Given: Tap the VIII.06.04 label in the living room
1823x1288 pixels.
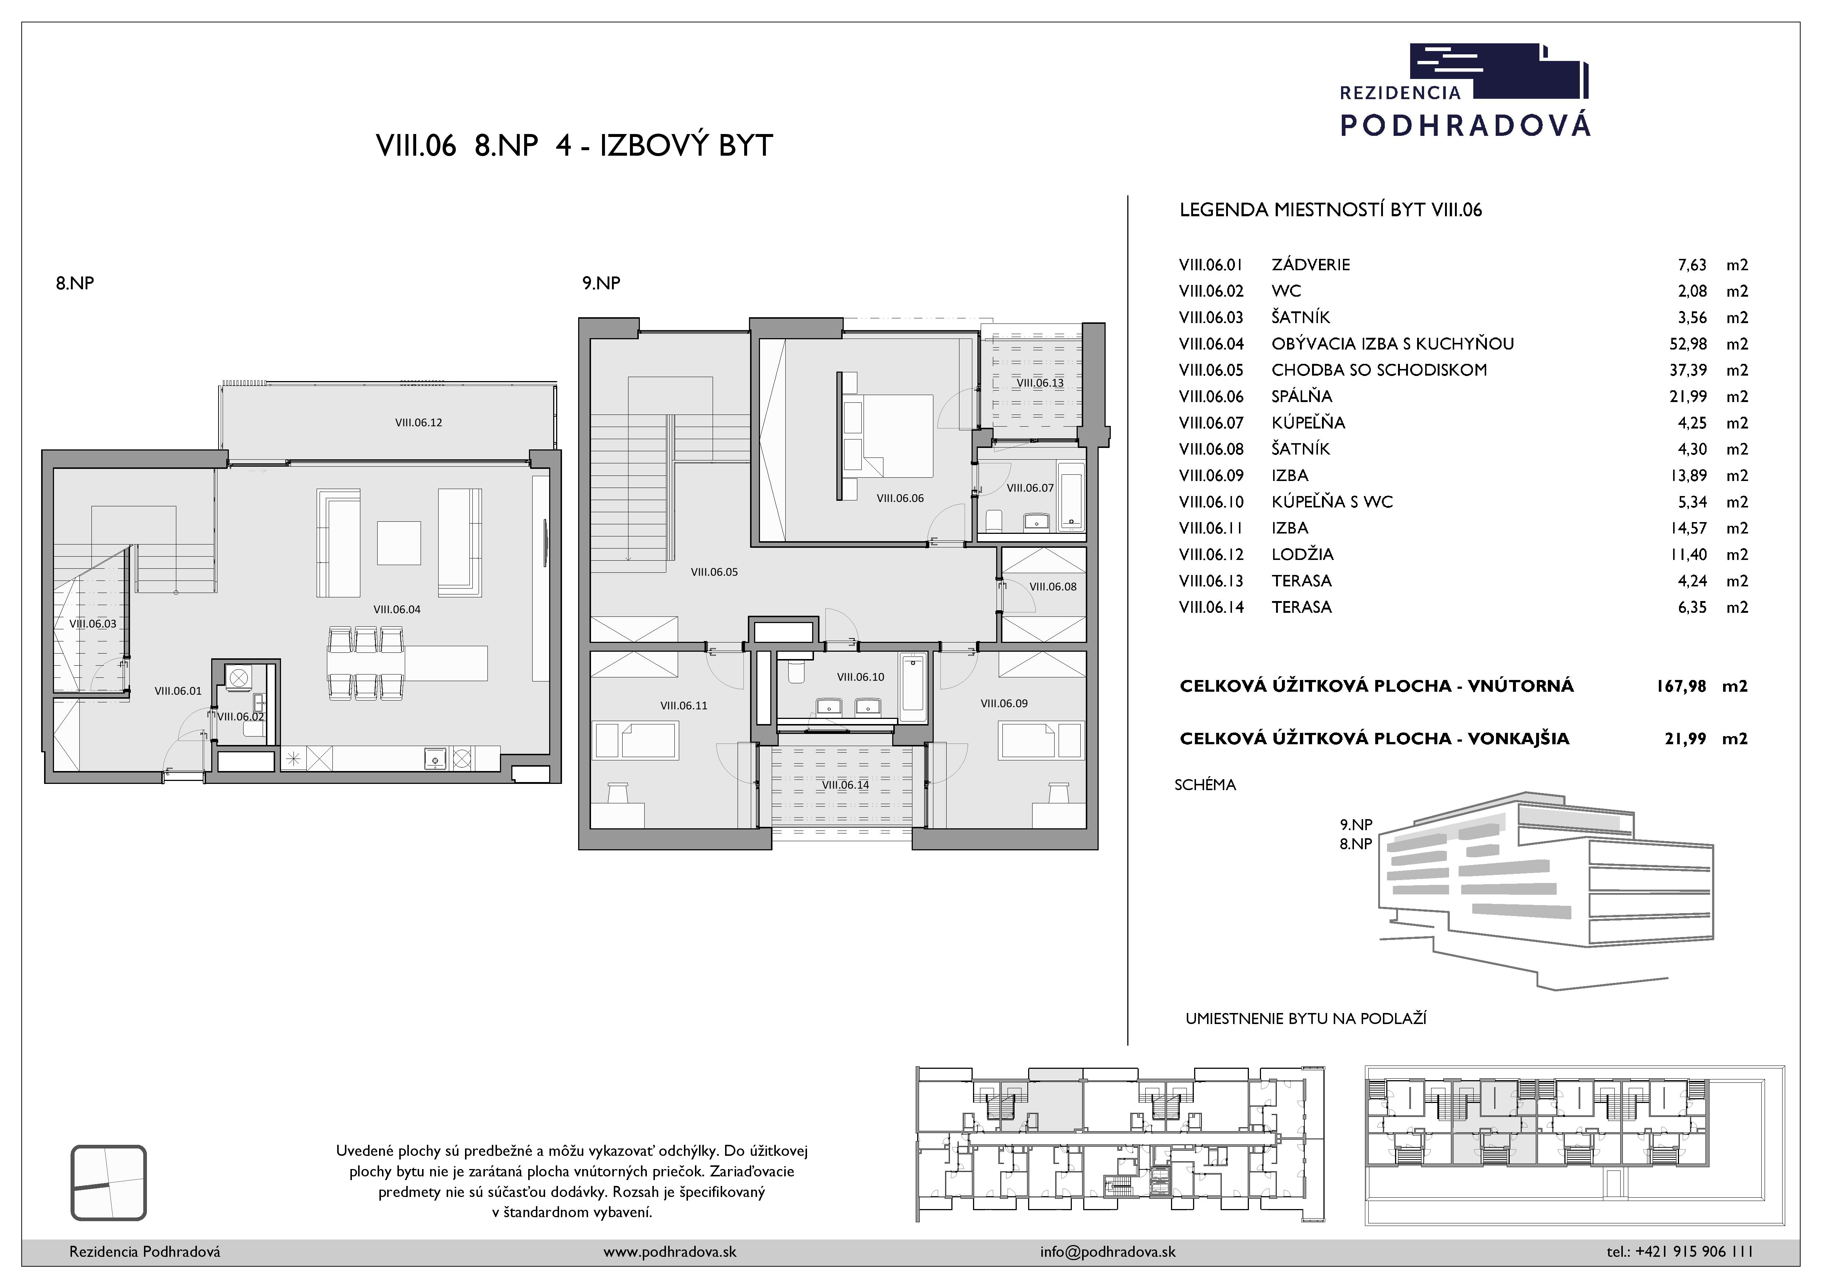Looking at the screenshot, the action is (397, 609).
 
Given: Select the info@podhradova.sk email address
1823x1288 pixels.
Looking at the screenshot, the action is (1107, 1252).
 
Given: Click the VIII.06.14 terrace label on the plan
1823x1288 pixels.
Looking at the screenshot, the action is (846, 785).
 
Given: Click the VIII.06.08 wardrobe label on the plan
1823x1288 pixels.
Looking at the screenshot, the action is (1053, 586).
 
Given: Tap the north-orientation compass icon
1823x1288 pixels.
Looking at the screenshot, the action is (109, 1183).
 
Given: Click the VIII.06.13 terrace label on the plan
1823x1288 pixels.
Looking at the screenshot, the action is (1040, 383).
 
